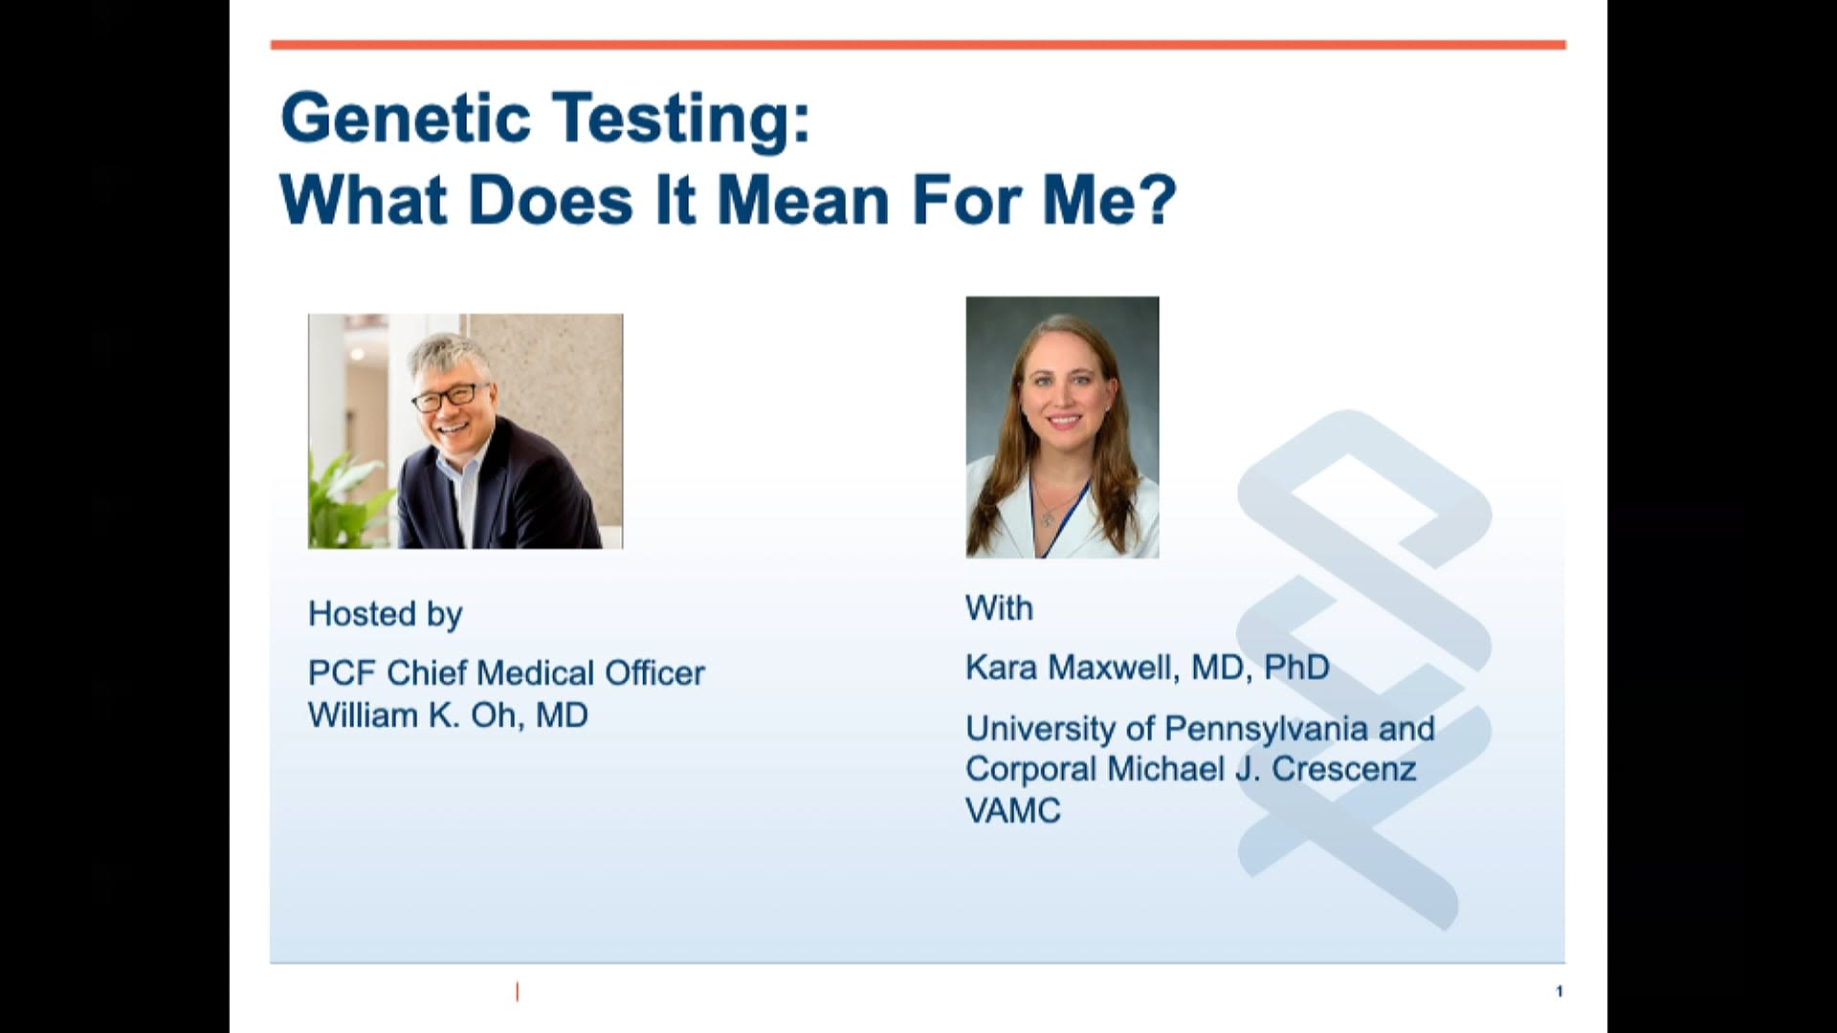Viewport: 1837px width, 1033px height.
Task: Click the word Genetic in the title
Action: pos(405,119)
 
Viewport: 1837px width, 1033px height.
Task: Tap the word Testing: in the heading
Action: pos(680,119)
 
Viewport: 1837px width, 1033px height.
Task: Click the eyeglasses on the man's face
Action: pos(447,395)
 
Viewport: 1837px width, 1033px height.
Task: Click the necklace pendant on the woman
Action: pos(1049,519)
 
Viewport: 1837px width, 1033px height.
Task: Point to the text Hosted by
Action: pos(385,613)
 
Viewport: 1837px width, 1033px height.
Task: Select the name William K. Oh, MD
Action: pos(448,715)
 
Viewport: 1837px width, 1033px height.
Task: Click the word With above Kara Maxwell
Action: pos(999,608)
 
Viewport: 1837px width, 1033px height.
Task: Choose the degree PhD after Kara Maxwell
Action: pos(1296,668)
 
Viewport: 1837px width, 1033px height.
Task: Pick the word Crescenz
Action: pos(1343,769)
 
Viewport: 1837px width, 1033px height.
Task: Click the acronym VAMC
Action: pos(1013,811)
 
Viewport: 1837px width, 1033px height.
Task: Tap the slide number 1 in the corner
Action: pos(1559,991)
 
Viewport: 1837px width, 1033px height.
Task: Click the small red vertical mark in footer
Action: pos(517,992)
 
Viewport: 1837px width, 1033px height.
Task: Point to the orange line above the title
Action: pos(918,45)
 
